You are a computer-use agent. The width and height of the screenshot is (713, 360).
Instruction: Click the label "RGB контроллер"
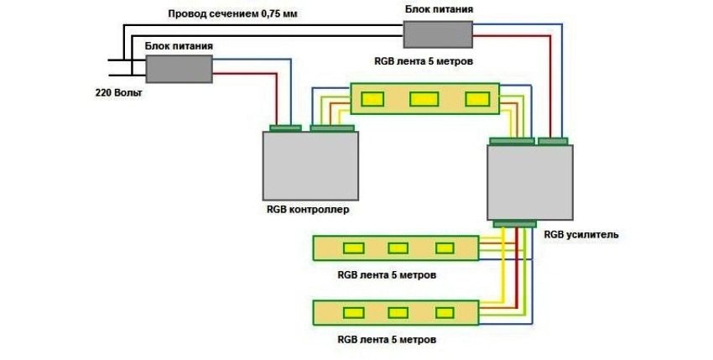pos(306,208)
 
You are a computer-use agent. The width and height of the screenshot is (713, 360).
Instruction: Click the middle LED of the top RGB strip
pos(424,99)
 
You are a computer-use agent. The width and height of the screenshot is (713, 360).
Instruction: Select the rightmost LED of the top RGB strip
pos(476,99)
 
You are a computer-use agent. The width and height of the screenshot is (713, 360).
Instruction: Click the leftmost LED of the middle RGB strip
pos(350,248)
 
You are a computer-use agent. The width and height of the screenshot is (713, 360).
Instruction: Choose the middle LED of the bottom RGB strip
pos(398,313)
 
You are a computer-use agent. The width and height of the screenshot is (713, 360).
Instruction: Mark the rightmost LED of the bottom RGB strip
pos(444,313)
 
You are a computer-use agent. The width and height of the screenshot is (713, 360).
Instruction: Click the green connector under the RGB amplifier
pos(514,223)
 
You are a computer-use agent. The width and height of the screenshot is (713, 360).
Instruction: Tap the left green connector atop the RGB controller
pos(285,128)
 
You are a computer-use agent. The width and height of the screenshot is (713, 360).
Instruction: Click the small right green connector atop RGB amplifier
pos(552,140)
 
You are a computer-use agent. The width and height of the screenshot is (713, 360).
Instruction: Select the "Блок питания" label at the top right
pos(438,9)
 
